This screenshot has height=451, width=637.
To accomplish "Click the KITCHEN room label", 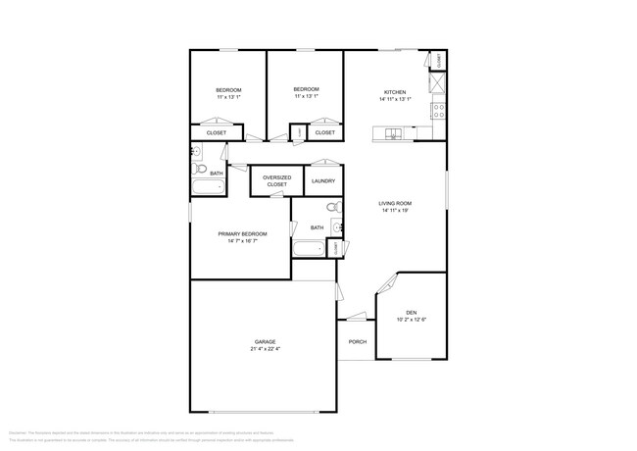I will coord(395,92).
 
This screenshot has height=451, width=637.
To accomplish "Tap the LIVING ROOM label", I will coord(395,204).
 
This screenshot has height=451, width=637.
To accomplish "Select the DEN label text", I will coord(412,313).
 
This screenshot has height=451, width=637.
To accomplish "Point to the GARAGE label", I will coord(265,342).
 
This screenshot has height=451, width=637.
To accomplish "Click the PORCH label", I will coord(358,342).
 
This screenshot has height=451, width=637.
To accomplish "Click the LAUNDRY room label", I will coord(323,181).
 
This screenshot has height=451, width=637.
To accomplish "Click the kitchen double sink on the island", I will coord(393,133).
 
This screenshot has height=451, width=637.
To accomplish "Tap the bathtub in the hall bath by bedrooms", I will coord(208,187).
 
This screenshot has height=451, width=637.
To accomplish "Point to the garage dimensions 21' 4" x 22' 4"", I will coord(265,349).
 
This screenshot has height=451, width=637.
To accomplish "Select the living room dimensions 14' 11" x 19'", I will coord(395,211).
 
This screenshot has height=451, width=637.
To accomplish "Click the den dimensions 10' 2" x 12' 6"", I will coord(412,320).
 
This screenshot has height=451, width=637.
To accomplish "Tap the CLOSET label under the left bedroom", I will coord(217,132).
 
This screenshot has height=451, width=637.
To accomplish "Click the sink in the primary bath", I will coord(337,227).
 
